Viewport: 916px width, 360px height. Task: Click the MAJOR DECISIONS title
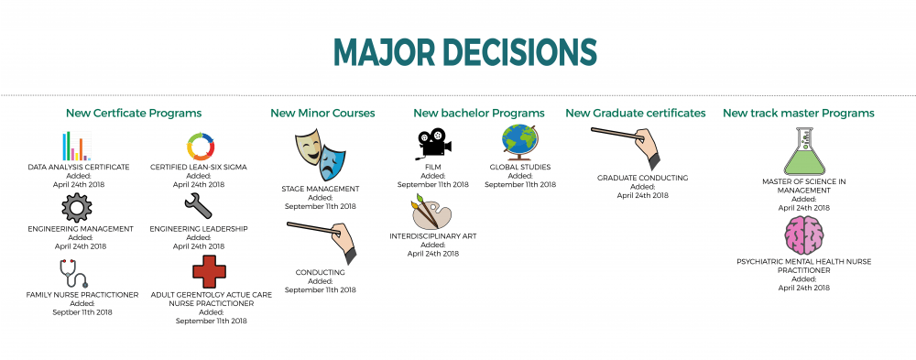[464, 53]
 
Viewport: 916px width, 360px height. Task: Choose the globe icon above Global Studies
[519, 143]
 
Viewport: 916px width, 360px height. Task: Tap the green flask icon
[802, 152]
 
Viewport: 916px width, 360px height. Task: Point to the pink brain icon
[803, 236]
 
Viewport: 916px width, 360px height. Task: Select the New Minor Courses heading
[322, 114]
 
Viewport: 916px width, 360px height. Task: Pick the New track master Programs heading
[798, 114]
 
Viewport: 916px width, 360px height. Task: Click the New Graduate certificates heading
[635, 114]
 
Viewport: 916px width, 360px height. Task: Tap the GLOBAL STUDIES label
[520, 168]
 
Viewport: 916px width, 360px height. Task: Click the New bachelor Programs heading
[478, 114]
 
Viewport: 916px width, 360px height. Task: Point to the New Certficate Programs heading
[134, 114]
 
